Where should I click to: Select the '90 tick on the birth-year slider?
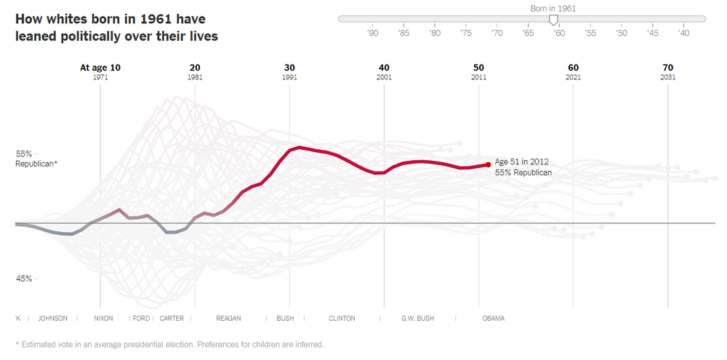[373, 33]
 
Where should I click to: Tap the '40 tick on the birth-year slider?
[683, 33]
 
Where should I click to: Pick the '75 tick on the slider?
[466, 33]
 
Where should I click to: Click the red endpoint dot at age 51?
[488, 164]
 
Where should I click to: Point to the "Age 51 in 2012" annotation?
[521, 161]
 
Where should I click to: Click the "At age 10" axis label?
[100, 68]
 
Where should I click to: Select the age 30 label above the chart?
[289, 68]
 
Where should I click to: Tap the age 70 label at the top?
[668, 68]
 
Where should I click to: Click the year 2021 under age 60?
[573, 77]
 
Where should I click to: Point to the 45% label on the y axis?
[24, 279]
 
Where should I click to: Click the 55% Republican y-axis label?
[36, 159]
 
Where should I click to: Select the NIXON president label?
[103, 319]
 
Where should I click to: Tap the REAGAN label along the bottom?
[228, 319]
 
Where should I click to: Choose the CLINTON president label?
[342, 319]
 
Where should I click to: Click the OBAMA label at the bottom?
[493, 319]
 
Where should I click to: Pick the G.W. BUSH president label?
[417, 319]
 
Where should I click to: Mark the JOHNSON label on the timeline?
[52, 319]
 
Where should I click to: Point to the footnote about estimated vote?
[169, 344]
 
